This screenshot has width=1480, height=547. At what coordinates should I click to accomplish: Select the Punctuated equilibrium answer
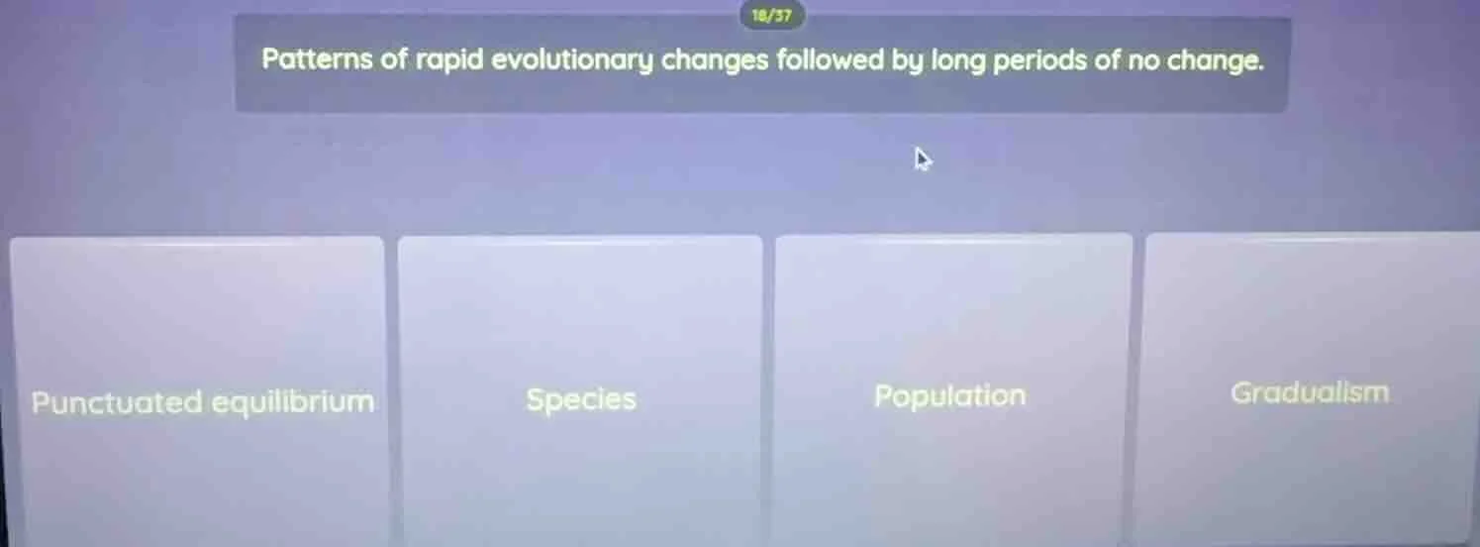click(x=196, y=391)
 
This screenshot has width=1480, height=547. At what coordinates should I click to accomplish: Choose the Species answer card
click(x=580, y=391)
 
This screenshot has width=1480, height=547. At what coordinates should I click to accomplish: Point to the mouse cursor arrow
click(x=923, y=159)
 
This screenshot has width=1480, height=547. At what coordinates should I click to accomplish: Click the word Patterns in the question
click(x=318, y=60)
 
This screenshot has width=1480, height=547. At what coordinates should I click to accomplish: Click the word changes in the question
click(x=715, y=60)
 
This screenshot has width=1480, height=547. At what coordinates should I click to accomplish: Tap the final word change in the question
click(x=1215, y=60)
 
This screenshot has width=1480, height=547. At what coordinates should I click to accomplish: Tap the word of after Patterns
click(x=394, y=60)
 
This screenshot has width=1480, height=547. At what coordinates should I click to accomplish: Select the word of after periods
click(x=1107, y=60)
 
